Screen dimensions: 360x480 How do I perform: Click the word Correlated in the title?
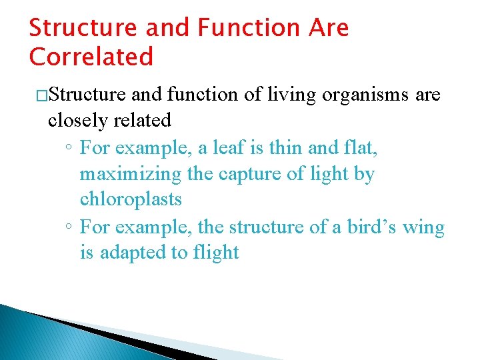(91, 57)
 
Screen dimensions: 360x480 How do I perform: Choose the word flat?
(361, 147)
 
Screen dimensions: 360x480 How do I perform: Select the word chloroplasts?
(131, 199)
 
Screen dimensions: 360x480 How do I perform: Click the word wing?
(423, 227)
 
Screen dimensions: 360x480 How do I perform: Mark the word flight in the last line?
(215, 253)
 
